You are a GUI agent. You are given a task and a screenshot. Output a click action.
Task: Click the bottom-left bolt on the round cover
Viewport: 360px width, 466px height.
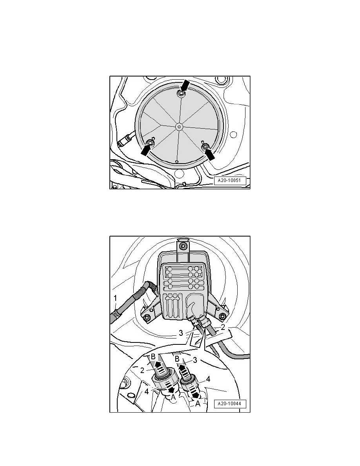(151, 143)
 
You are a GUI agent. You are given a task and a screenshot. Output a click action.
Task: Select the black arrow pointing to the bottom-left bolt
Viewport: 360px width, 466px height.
(145, 151)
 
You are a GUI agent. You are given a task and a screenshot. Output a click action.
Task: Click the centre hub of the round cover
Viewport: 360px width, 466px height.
(179, 126)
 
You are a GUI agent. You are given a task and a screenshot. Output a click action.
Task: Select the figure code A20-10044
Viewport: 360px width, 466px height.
(230, 404)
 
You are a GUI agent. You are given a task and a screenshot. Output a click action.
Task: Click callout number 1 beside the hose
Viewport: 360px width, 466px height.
(116, 299)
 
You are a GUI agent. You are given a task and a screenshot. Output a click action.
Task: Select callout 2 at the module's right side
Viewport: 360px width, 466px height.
(222, 327)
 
